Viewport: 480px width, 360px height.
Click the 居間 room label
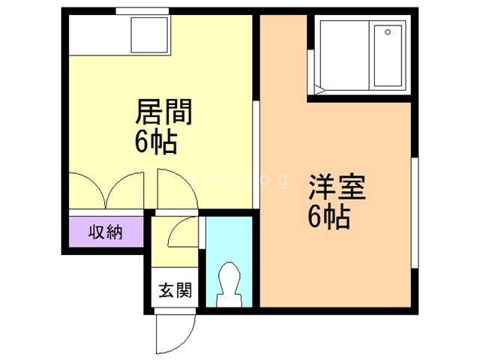163,113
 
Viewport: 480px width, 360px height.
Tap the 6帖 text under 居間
157,142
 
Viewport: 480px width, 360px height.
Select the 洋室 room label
337,187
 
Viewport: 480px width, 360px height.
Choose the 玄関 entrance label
175,289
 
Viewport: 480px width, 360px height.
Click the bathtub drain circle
387,32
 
